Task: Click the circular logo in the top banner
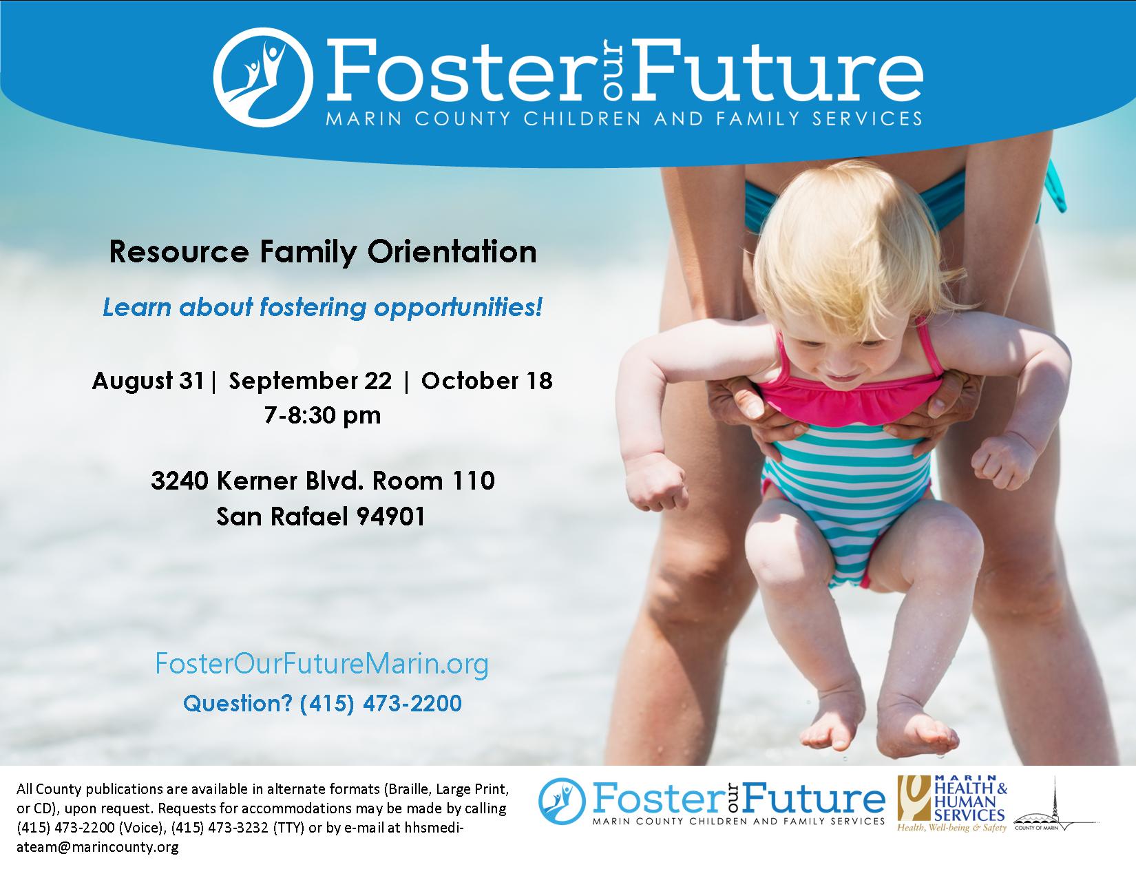coord(263,77)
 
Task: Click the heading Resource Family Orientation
coord(322,251)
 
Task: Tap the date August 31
coord(148,381)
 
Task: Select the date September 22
coord(310,381)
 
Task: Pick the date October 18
coord(487,381)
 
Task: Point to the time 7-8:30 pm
coord(322,415)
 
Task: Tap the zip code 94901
coord(390,516)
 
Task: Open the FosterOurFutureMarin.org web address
coord(322,665)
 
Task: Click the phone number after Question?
coord(381,703)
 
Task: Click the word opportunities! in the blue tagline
coord(458,308)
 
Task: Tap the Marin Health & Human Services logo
coord(952,804)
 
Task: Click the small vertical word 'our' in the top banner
coord(614,68)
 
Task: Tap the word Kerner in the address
coord(257,481)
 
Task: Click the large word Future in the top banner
coord(777,71)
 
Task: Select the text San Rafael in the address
coord(282,516)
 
